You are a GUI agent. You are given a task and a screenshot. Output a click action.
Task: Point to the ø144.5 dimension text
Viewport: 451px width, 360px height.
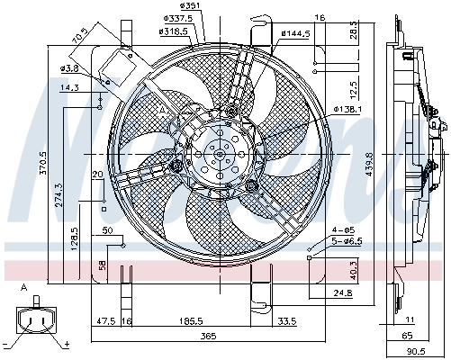(x=294, y=34)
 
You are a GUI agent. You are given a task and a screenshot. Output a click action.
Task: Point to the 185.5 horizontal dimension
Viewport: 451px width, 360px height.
(x=190, y=320)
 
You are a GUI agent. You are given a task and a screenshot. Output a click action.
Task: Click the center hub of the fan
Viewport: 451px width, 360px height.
(x=218, y=156)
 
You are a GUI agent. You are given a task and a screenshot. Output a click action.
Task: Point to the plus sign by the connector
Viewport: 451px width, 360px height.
(x=67, y=344)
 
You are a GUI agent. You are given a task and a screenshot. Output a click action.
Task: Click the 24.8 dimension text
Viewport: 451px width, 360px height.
(x=340, y=293)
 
